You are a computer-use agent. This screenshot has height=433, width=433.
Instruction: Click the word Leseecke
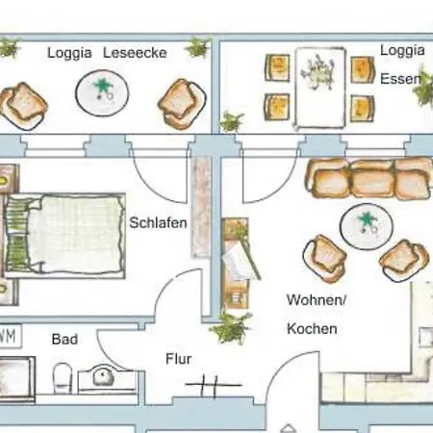[135, 53]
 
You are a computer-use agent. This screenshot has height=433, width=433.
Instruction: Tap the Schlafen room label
[158, 222]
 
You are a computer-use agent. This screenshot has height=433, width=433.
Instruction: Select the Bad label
[64, 339]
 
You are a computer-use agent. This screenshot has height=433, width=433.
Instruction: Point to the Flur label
[179, 359]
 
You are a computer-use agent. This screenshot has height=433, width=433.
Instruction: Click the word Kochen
[312, 329]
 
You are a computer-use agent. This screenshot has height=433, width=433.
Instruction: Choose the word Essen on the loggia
[400, 79]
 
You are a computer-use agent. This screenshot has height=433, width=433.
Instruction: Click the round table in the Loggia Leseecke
[102, 93]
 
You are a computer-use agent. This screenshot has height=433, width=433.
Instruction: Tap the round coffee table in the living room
[367, 226]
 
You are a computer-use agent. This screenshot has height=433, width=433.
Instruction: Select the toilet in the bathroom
[63, 378]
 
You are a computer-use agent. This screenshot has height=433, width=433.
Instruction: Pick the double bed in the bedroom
[64, 236]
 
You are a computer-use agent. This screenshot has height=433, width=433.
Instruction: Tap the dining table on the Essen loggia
[320, 88]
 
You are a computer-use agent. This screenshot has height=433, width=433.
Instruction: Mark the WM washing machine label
[9, 336]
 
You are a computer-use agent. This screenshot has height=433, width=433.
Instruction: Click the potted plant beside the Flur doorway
[230, 328]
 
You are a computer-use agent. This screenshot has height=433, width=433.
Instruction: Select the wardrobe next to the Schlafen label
[201, 207]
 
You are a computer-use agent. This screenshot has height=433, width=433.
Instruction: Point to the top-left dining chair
[277, 67]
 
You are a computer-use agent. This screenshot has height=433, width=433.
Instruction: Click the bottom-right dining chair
[362, 109]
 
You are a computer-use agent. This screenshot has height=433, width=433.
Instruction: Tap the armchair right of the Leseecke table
[182, 104]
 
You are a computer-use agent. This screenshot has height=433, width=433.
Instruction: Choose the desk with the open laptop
[237, 264]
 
